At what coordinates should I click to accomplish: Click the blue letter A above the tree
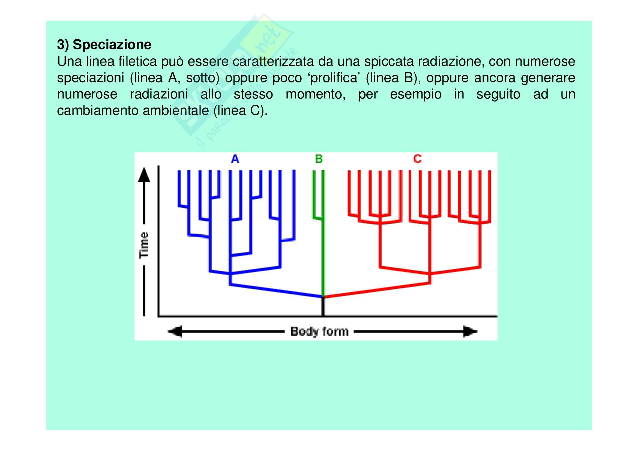click(235, 159)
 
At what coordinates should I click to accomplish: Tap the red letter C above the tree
click(417, 159)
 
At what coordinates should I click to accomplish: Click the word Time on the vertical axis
click(144, 245)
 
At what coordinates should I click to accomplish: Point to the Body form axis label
click(319, 331)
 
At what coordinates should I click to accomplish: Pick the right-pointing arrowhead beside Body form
click(470, 331)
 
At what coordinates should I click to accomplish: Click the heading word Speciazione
click(112, 45)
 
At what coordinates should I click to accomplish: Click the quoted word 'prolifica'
click(333, 78)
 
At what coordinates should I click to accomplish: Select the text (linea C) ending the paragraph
click(240, 111)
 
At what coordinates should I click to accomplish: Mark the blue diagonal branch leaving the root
click(277, 291)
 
